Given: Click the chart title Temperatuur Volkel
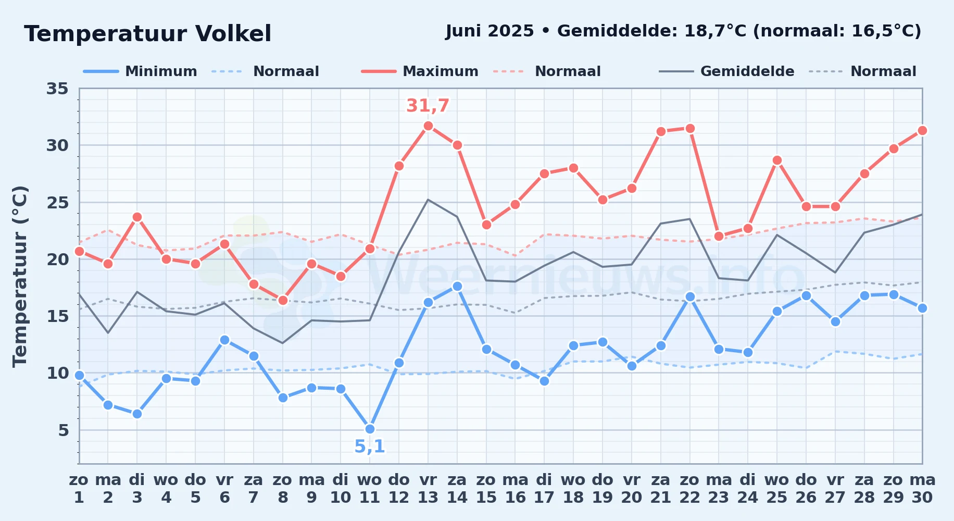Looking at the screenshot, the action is [x=147, y=34].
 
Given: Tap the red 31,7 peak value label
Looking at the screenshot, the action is [x=428, y=106].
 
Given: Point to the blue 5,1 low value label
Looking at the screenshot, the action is [x=370, y=446].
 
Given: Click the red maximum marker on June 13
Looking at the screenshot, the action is [x=428, y=126].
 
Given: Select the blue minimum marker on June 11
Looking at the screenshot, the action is [x=370, y=429].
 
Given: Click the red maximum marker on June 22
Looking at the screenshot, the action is [x=690, y=128].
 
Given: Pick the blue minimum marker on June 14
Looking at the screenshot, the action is [x=457, y=286].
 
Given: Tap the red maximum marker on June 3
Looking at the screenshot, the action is [x=137, y=217].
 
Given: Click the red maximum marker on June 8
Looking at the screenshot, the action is [x=283, y=300].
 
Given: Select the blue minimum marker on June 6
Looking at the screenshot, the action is [x=224, y=340].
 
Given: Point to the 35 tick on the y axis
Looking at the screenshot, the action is [x=57, y=89].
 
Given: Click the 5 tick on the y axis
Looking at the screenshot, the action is [x=64, y=430].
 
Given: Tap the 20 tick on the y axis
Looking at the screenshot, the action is [x=57, y=259].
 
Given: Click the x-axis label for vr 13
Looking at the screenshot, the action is [x=428, y=488].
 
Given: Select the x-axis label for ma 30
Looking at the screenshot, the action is [x=922, y=488].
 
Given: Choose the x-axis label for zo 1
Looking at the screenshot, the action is [x=79, y=488].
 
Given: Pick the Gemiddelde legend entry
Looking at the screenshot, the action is [x=727, y=71].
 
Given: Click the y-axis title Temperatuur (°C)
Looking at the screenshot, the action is [x=20, y=276].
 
